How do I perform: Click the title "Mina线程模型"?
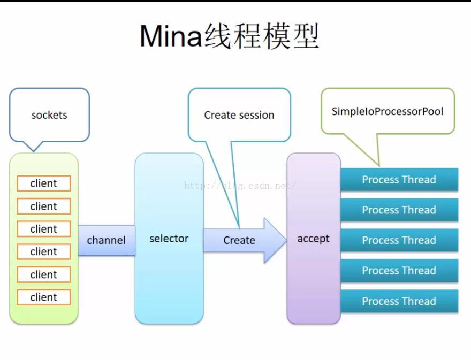click(229, 36)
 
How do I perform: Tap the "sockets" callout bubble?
click(49, 115)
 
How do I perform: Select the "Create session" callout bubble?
click(239, 115)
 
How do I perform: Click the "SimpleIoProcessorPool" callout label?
click(388, 112)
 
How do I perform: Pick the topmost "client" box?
click(44, 183)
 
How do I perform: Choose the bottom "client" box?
click(44, 297)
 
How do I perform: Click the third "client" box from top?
click(44, 229)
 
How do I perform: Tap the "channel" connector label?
click(106, 240)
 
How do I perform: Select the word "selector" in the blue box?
click(169, 239)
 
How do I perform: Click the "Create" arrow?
click(239, 240)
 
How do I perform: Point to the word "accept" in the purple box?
click(313, 239)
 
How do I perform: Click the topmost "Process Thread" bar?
click(399, 180)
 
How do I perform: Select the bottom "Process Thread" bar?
click(399, 301)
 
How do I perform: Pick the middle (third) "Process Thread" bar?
click(399, 240)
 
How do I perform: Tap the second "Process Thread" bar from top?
click(399, 210)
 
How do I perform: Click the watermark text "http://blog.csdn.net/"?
click(240, 186)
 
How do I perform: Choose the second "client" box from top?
click(44, 206)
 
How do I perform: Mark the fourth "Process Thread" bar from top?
click(399, 271)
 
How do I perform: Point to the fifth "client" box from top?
click(44, 274)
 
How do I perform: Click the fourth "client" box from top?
click(44, 251)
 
